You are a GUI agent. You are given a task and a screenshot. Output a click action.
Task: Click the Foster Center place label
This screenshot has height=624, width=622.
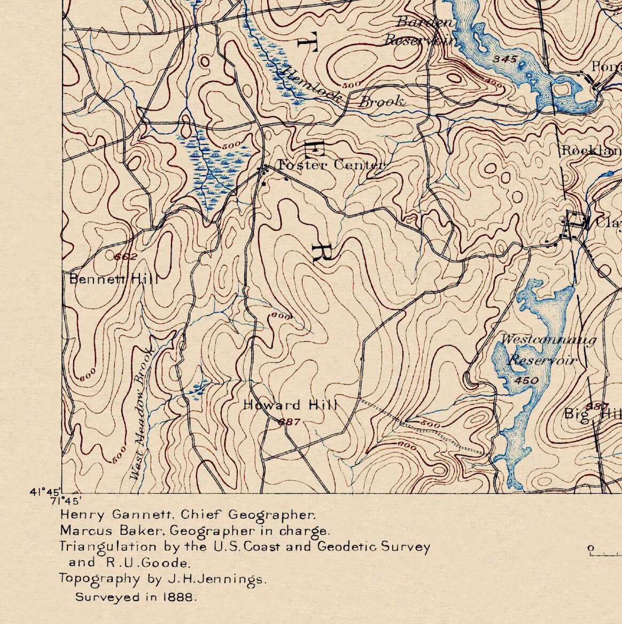coord(331,165)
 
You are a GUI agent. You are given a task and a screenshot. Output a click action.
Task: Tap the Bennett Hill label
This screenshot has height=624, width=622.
coord(114,279)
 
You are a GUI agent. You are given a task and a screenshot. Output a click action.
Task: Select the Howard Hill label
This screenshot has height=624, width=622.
coord(290,405)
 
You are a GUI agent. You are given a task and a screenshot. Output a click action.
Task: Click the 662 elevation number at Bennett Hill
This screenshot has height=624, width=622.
coord(126,257)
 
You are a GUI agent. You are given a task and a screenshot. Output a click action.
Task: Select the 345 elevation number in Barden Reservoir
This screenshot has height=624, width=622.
coord(505,59)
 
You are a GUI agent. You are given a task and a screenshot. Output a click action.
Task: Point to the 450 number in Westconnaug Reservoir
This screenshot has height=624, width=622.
coord(526,380)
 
